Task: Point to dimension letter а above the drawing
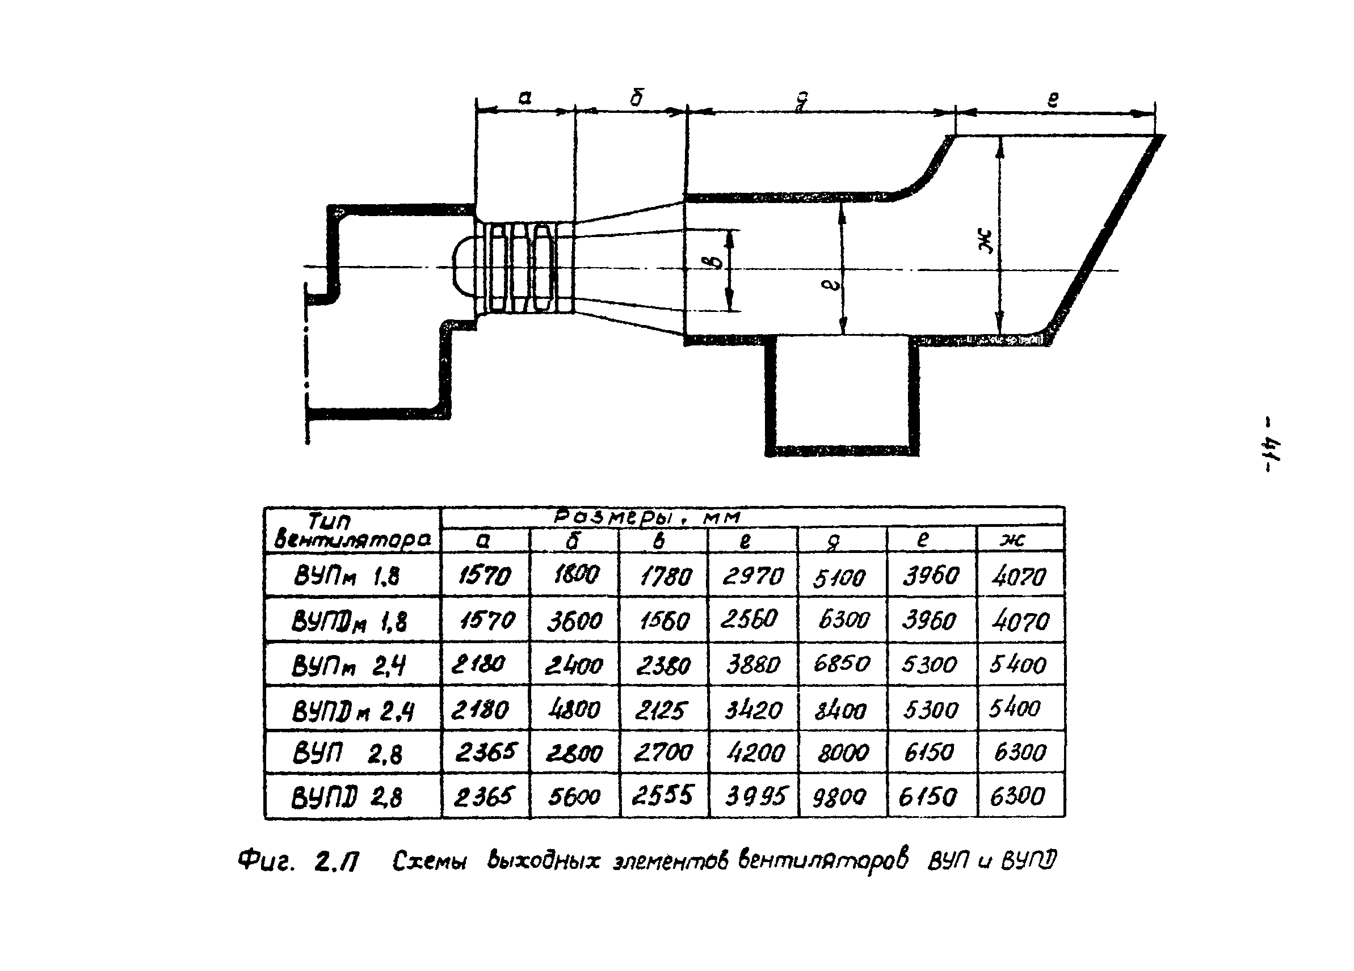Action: [524, 98]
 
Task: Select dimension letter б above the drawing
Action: [636, 98]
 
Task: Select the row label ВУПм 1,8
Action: [346, 576]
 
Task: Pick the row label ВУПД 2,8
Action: [346, 797]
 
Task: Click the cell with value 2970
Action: [752, 576]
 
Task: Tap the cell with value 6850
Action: [841, 664]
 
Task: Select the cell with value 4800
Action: [574, 709]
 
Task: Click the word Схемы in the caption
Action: [429, 862]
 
